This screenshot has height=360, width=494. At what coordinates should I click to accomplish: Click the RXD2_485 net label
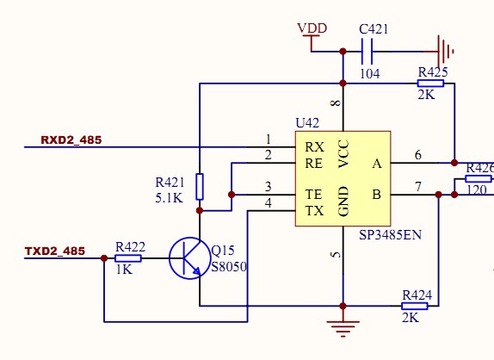pos(71,140)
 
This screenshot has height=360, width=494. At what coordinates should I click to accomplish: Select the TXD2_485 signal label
pos(55,251)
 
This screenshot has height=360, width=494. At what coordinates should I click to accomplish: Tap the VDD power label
pos(312,28)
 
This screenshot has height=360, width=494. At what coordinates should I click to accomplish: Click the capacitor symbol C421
pos(367,51)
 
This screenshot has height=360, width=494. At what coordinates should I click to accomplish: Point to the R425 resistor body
pos(430,84)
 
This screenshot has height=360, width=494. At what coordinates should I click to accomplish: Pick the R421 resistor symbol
pos(200,187)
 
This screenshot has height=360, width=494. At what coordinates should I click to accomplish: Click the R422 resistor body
pos(128,258)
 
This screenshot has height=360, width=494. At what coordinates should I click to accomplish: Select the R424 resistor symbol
pos(414,306)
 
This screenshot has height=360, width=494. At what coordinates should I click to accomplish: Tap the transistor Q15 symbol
pos(190,258)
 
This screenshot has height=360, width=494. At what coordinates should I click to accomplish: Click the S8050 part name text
pos(229,267)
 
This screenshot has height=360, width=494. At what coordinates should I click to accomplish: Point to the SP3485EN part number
pos(390,235)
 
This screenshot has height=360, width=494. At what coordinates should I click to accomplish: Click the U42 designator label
pos(307,122)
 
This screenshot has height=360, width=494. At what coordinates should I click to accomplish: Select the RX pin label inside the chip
pos(314,147)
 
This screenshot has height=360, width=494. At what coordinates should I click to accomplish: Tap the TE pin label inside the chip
pos(313,194)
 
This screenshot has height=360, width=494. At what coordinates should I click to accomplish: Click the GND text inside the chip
pos(343,202)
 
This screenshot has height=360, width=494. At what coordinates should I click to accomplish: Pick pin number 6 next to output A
pos(418,155)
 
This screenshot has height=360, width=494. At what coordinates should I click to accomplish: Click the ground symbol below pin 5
pos(343,329)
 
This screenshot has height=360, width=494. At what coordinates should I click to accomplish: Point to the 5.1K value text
pos(169,198)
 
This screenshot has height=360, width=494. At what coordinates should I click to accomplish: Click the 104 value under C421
pos(370,74)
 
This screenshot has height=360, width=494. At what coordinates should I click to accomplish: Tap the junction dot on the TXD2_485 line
pos(104,258)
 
